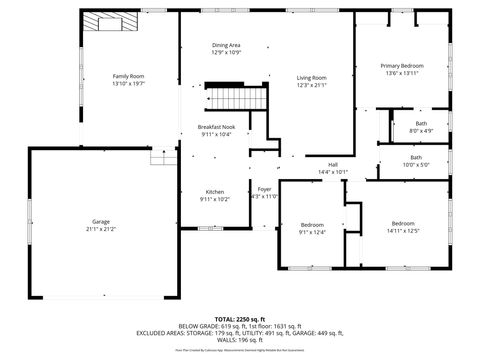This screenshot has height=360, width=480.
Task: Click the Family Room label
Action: [x=128, y=76]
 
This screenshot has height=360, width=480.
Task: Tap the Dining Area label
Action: [x=226, y=45]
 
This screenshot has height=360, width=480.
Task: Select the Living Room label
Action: [x=312, y=77]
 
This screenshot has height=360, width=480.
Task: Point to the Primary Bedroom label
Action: [x=402, y=66]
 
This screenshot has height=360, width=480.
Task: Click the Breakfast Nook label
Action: [x=216, y=127]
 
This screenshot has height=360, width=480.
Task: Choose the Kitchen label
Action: [x=215, y=191]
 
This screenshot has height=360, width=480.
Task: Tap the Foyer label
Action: [x=264, y=189]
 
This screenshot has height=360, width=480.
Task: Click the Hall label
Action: [x=333, y=165]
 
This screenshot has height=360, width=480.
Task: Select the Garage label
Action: [x=101, y=223]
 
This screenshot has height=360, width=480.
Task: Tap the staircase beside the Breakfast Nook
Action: [x=238, y=99]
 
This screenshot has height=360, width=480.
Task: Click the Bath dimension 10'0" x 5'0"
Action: [x=415, y=165]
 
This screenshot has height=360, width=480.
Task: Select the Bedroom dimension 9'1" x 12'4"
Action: [x=312, y=232]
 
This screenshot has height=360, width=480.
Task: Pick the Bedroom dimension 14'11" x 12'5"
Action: [x=403, y=231]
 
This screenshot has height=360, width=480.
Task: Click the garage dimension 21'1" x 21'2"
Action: [x=101, y=230]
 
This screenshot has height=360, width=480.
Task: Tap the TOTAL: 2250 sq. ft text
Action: [x=240, y=319]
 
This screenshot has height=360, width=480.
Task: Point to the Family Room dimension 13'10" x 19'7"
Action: [x=128, y=84]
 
